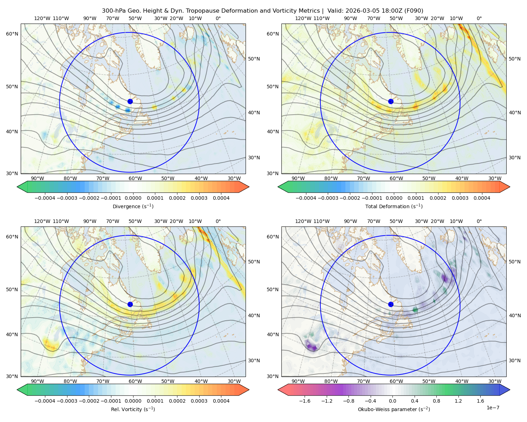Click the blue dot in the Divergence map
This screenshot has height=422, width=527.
tap(130, 102)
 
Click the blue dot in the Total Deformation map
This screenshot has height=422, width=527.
tap(391, 102)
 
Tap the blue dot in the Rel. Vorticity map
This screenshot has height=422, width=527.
tap(130, 304)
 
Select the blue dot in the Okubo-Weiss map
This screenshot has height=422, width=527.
tap(391, 304)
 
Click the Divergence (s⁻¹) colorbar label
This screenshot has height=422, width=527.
tap(133, 206)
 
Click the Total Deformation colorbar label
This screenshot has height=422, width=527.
tap(394, 206)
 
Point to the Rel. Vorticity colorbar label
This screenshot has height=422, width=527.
tap(133, 409)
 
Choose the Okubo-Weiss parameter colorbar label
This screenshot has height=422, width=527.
tap(394, 409)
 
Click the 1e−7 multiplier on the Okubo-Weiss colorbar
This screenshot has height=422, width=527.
tap(493, 408)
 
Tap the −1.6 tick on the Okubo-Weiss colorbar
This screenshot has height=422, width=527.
tap(305, 401)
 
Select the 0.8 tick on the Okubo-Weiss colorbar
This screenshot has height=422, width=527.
tap(436, 401)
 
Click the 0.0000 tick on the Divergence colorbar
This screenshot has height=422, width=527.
tap(133, 198)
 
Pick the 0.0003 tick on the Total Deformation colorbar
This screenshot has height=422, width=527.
tap(460, 198)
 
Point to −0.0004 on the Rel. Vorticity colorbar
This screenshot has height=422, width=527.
tap(45, 401)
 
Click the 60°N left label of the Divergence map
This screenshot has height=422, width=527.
tap(12, 34)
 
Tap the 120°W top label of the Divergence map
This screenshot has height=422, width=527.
tap(42, 18)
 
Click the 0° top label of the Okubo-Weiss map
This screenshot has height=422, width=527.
tap(479, 221)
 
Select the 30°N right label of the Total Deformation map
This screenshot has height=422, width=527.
tap(515, 158)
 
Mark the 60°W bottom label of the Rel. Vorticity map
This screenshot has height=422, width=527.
tap(135, 381)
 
